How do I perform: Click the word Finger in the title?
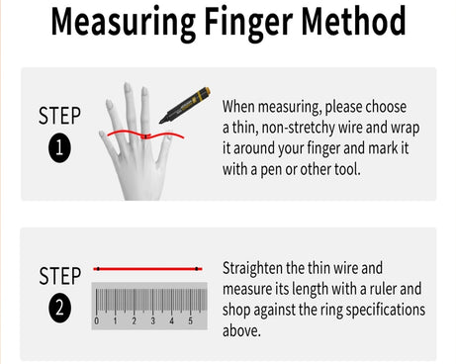click(248, 23)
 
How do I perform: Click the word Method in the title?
click(353, 21)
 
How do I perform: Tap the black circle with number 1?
click(59, 147)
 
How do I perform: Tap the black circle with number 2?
click(59, 308)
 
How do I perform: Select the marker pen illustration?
click(184, 105)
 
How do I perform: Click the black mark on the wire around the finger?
click(145, 136)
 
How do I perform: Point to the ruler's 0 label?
click(96, 320)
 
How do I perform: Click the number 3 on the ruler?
click(152, 320)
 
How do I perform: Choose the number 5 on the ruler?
click(190, 320)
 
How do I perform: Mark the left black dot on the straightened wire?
click(98, 269)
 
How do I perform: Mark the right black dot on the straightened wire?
click(197, 269)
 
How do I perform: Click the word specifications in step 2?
click(386, 311)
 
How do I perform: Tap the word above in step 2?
click(241, 330)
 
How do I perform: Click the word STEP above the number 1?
click(59, 116)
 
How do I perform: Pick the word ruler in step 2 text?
click(383, 289)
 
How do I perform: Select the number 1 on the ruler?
click(115, 320)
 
